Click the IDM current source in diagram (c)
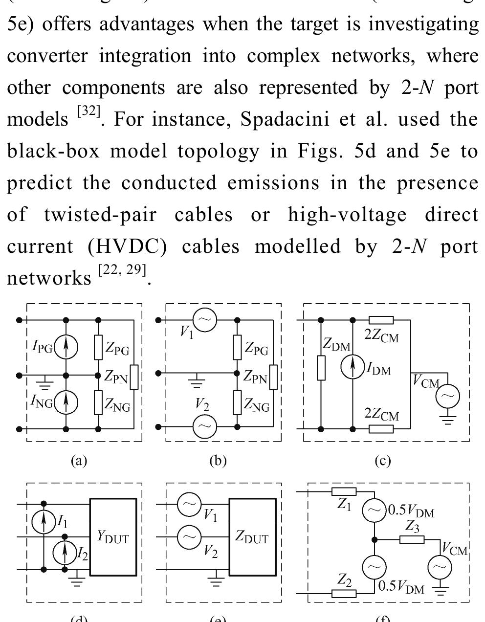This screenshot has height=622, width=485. [x=353, y=368]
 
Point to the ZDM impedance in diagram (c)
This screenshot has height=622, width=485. [x=321, y=368]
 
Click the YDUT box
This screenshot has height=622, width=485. [x=113, y=538]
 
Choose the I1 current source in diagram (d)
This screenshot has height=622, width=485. [x=44, y=523]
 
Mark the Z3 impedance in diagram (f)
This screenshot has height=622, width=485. [x=412, y=539]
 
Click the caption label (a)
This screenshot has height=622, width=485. [x=79, y=460]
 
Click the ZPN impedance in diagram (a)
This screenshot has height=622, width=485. [x=133, y=376]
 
